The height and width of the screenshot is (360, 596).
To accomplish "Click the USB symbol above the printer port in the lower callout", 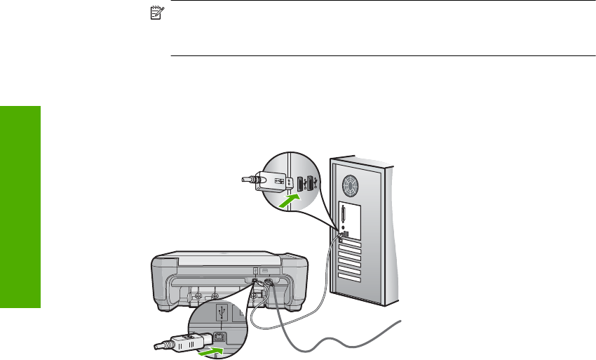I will [222, 309].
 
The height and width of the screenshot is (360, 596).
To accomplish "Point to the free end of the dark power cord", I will [402, 322].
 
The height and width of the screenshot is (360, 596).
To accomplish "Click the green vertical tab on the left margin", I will [20, 207].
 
